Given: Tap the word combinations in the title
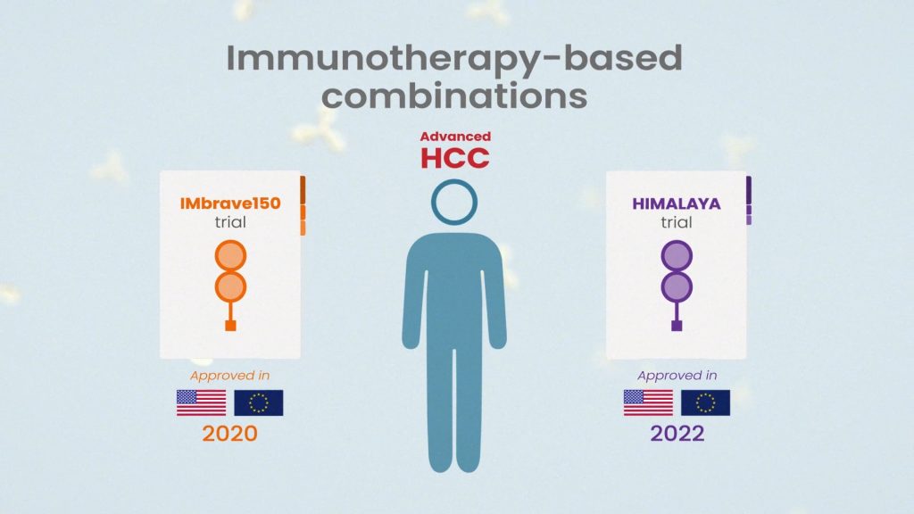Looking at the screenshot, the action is pyautogui.click(x=454, y=96).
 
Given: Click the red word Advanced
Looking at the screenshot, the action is pyautogui.click(x=455, y=137).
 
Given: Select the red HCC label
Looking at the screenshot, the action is pyautogui.click(x=454, y=158).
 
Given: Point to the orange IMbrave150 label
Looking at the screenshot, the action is pyautogui.click(x=230, y=203).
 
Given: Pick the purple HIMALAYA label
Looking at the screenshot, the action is pyautogui.click(x=677, y=203).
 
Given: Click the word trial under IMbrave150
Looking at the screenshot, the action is pyautogui.click(x=230, y=222).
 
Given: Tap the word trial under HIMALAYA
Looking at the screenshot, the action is pyautogui.click(x=677, y=222).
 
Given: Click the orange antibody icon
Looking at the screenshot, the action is pyautogui.click(x=230, y=286).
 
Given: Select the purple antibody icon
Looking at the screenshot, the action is pyautogui.click(x=677, y=286).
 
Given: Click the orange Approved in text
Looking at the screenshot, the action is pyautogui.click(x=229, y=376).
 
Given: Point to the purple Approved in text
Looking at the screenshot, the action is pyautogui.click(x=677, y=376).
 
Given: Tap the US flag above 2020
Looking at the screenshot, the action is pyautogui.click(x=201, y=402).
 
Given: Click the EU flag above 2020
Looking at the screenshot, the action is pyautogui.click(x=259, y=402).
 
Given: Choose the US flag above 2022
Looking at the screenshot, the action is pyautogui.click(x=648, y=402).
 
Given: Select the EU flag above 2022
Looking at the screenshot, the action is pyautogui.click(x=705, y=402).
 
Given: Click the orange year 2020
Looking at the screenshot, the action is pyautogui.click(x=229, y=434).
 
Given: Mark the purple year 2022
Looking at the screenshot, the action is pyautogui.click(x=677, y=434).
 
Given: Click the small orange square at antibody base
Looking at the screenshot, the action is pyautogui.click(x=230, y=325).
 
